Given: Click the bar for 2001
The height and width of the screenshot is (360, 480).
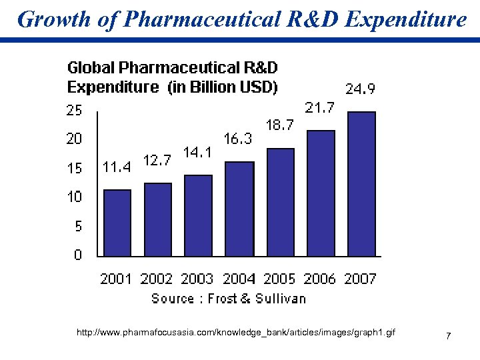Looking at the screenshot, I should [117, 223].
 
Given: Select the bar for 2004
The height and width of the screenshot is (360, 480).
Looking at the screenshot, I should [239, 209].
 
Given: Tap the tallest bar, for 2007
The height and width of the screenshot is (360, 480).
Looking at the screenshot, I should [361, 183].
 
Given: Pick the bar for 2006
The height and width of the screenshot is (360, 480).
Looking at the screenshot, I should [320, 193].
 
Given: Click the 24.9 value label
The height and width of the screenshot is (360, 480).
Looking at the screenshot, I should [359, 89].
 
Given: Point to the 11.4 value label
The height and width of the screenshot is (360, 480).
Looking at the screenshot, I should [116, 167].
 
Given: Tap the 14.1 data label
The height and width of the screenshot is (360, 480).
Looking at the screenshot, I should [198, 153].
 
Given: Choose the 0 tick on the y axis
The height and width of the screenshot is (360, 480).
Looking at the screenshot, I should [78, 255].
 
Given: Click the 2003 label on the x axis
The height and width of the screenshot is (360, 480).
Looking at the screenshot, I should [197, 279].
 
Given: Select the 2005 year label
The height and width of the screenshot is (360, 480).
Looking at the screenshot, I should [279, 279].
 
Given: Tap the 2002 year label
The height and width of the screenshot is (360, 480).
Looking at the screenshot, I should [157, 279].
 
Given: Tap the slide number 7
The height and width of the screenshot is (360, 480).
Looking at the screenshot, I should [449, 335].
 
